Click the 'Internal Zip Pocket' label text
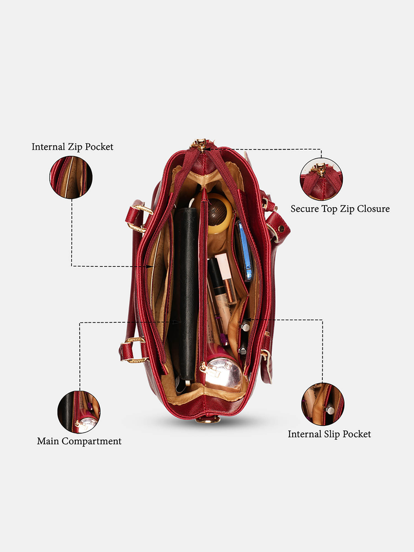72,147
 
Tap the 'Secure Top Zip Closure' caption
340,209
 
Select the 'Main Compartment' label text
79,441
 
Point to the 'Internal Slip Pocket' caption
329,434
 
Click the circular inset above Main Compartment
79,412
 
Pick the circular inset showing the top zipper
321,179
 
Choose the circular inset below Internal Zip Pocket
71,177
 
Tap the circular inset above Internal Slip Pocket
323,404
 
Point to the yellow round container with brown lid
214,213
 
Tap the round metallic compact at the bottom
224,374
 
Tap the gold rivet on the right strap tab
281,229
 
